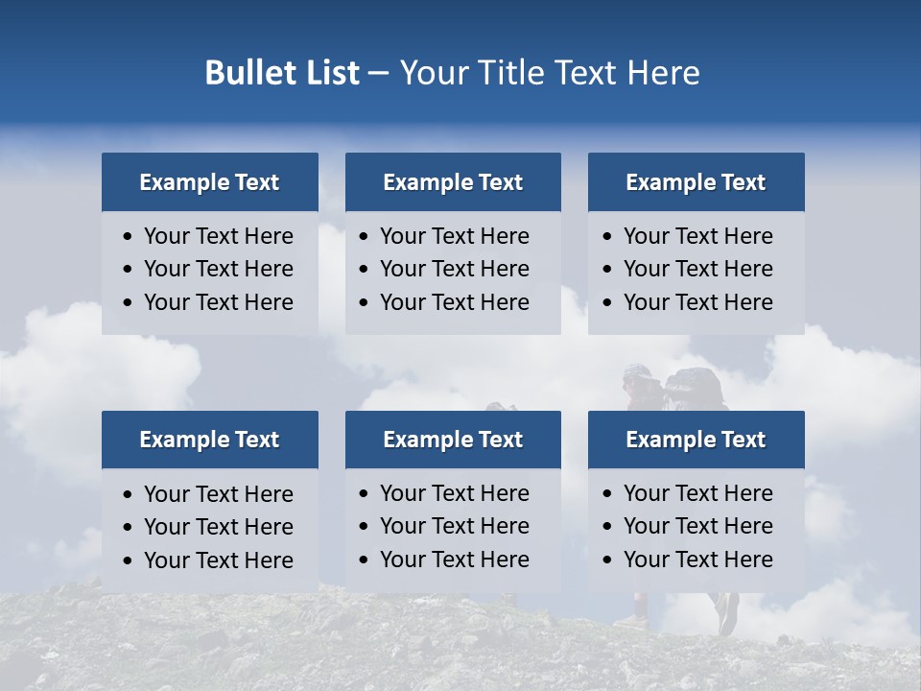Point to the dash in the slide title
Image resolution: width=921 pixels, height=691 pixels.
tap(378, 73)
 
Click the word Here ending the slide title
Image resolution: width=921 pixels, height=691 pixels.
tap(663, 73)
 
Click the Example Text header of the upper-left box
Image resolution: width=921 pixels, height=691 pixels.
tap(209, 182)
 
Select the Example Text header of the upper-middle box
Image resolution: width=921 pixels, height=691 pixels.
tap(453, 182)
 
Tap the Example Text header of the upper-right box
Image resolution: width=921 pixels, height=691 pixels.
tap(696, 182)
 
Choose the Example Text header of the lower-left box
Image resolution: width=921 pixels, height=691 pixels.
tap(209, 440)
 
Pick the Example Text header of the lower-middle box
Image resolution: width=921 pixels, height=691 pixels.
tap(453, 440)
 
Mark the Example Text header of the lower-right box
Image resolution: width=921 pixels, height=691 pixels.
tap(696, 440)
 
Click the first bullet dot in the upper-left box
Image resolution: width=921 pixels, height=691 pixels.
tap(129, 237)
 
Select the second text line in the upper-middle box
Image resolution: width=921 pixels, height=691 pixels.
tap(454, 269)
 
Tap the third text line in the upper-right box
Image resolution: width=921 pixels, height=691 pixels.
tap(697, 302)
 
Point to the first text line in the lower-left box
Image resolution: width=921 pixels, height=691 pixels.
tap(218, 494)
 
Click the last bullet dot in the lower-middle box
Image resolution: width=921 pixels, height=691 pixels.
tap(365, 560)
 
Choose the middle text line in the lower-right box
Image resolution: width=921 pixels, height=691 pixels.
tap(697, 526)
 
